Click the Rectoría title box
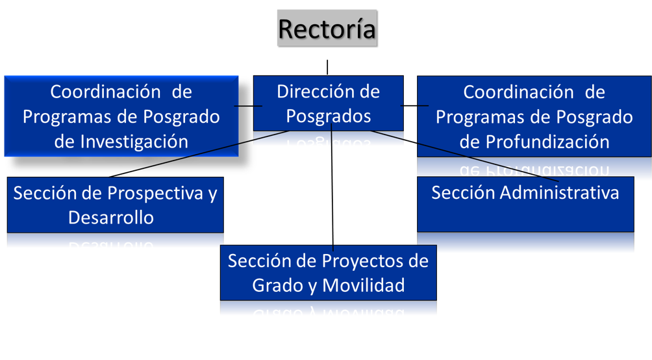[x=327, y=29]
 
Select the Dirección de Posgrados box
[x=328, y=104]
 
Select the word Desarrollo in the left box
[x=111, y=217]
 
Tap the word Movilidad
[x=364, y=285]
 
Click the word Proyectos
[x=364, y=261]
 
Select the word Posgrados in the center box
[x=329, y=116]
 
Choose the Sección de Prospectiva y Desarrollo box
[x=115, y=205]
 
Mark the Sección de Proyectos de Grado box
[x=328, y=273]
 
